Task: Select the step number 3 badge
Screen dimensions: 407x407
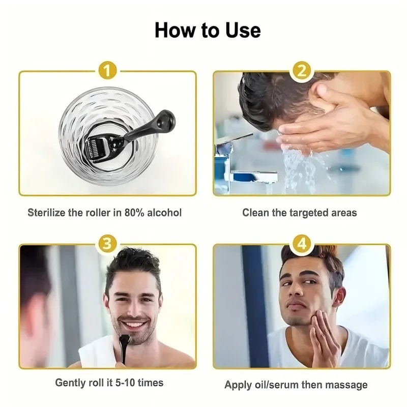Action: [107, 243]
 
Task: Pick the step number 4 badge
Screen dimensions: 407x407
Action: [302, 243]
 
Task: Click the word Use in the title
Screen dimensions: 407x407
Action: [238, 30]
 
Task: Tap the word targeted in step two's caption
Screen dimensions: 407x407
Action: [309, 212]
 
